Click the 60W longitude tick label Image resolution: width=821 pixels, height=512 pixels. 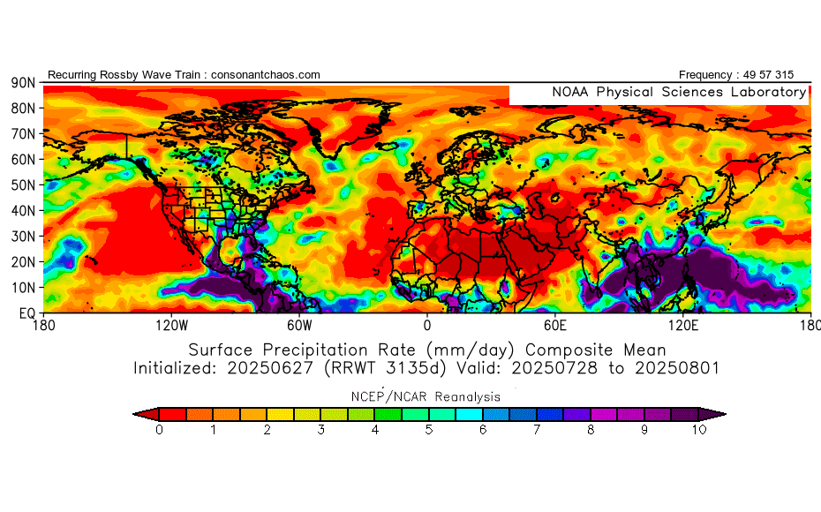[x=299, y=325]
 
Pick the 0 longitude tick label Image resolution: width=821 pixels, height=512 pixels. [x=427, y=325]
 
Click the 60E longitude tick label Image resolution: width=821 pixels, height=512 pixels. [x=555, y=325]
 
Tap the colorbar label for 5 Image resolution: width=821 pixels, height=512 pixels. [x=429, y=431]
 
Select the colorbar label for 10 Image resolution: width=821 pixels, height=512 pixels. [x=698, y=431]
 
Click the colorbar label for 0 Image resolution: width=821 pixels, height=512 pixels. [x=159, y=431]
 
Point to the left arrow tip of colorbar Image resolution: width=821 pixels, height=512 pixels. [x=134, y=413]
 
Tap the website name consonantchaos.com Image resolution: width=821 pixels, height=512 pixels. [x=266, y=75]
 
